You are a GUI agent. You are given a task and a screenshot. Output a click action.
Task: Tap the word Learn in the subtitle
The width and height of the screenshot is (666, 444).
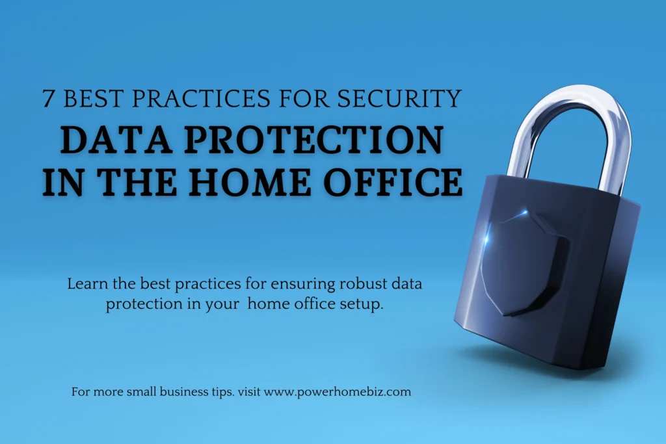coord(85,284)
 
